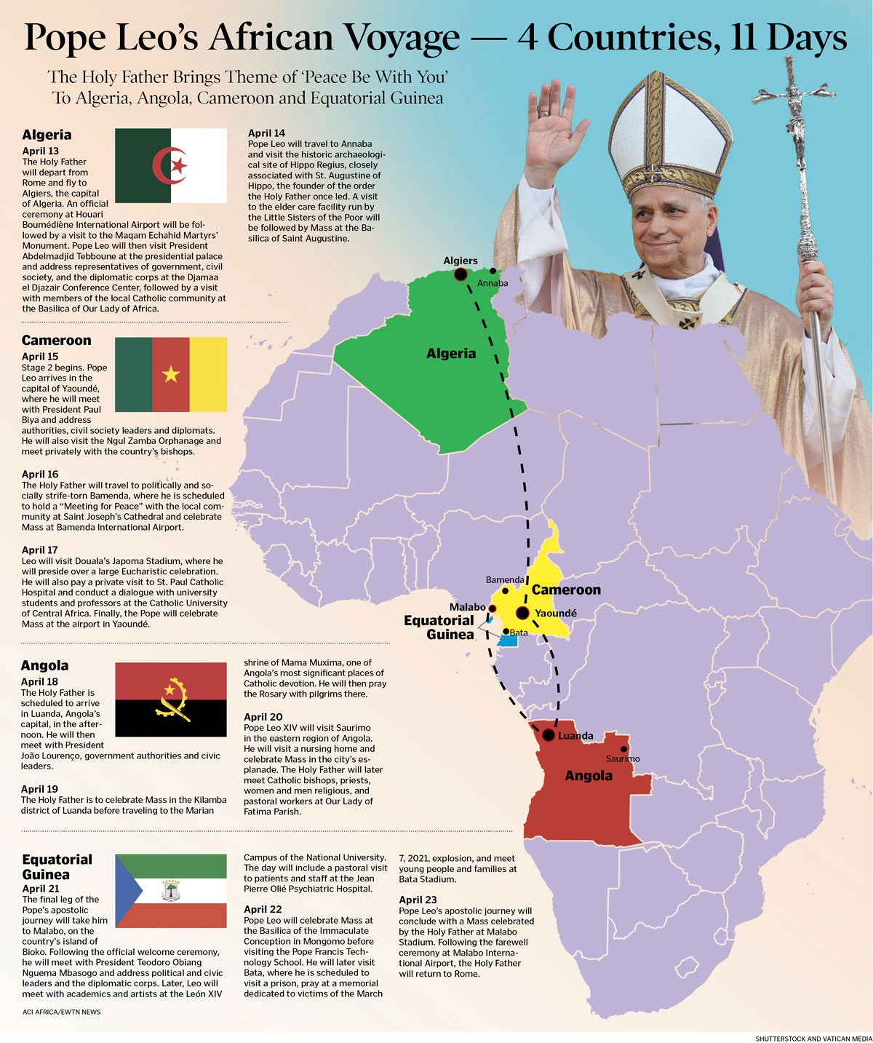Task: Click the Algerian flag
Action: click(171, 165)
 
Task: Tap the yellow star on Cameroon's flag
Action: click(171, 374)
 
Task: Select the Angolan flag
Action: click(171, 699)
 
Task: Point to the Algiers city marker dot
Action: click(461, 274)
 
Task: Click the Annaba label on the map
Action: click(493, 283)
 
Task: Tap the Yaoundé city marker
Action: click(522, 613)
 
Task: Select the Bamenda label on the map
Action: click(505, 580)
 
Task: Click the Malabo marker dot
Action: click(493, 608)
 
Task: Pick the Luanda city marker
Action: click(548, 735)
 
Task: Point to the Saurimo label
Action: click(623, 758)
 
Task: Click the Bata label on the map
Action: click(519, 632)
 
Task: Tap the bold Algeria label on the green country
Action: click(451, 354)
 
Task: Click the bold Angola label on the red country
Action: click(589, 776)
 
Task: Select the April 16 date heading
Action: click(40, 475)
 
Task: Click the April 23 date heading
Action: click(418, 900)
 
